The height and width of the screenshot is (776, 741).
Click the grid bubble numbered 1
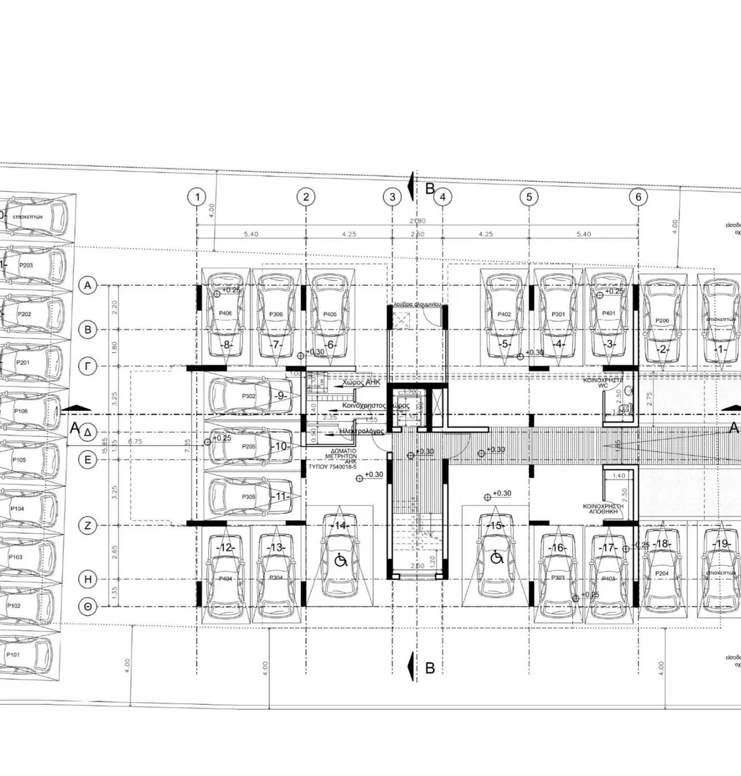click(x=197, y=197)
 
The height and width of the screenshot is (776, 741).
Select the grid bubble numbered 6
click(x=638, y=197)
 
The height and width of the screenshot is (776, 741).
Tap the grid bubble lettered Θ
click(x=88, y=606)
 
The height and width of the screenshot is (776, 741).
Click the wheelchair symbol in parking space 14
click(x=340, y=558)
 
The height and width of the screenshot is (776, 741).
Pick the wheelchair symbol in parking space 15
click(x=495, y=557)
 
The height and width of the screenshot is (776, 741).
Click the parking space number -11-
click(x=281, y=496)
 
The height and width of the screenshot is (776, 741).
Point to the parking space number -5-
click(x=505, y=344)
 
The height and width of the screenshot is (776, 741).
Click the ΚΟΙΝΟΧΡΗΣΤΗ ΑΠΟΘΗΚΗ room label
click(x=603, y=509)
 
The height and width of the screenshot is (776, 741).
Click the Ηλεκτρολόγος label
click(x=362, y=430)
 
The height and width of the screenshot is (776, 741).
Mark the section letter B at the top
click(x=430, y=189)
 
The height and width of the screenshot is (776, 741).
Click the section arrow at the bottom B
click(x=410, y=668)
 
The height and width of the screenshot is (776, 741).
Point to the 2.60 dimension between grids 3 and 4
click(x=417, y=234)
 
